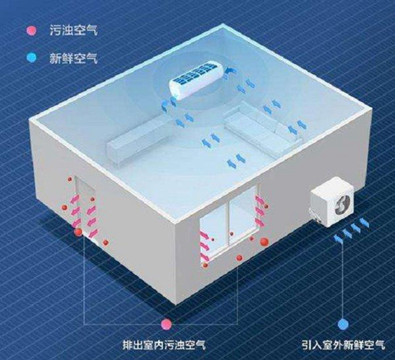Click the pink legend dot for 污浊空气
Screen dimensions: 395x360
pyautogui.click(x=31, y=30)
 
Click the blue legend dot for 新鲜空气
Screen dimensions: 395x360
pyautogui.click(x=31, y=57)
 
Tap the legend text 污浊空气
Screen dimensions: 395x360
pyautogui.click(x=73, y=30)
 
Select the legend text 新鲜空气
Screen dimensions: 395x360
pyautogui.click(x=73, y=58)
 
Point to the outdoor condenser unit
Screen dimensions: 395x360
pyautogui.click(x=332, y=202)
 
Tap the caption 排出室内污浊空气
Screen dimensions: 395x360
pyautogui.click(x=164, y=345)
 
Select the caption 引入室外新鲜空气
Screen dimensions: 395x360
pyautogui.click(x=343, y=345)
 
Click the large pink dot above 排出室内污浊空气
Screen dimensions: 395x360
pyautogui.click(x=167, y=324)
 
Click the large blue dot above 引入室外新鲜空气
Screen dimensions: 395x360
pyautogui.click(x=343, y=324)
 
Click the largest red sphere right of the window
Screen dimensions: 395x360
pyautogui.click(x=264, y=241)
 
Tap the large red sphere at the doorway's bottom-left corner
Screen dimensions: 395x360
pyautogui.click(x=78, y=232)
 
